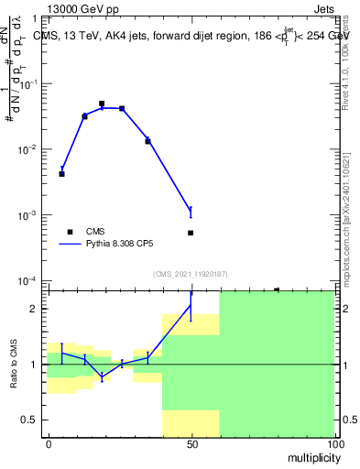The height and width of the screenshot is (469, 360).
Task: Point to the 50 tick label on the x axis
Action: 191,442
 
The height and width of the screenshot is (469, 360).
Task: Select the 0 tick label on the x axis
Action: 49,442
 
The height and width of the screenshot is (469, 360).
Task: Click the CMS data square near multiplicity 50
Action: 191,233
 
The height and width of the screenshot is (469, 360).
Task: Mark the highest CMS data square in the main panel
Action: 102,104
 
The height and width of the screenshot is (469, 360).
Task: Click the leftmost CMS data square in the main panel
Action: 61,173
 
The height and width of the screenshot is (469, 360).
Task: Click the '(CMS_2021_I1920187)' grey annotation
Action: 190,273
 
